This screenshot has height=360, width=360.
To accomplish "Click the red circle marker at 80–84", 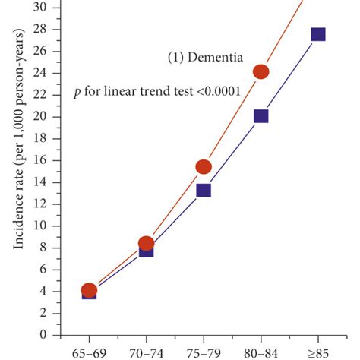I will click(x=261, y=72).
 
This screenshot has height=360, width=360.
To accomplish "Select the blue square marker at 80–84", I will click(x=261, y=116).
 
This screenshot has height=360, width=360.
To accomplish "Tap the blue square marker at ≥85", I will click(x=318, y=34).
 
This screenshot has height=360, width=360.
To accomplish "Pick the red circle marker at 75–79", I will click(x=204, y=167).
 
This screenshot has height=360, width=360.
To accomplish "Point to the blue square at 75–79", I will click(x=204, y=190).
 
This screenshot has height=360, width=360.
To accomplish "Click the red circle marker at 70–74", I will click(x=147, y=243).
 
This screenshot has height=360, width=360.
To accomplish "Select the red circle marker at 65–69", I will click(x=89, y=289).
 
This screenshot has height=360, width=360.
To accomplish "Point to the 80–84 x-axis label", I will click(x=261, y=352).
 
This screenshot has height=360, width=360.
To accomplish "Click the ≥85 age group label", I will click(x=318, y=352).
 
